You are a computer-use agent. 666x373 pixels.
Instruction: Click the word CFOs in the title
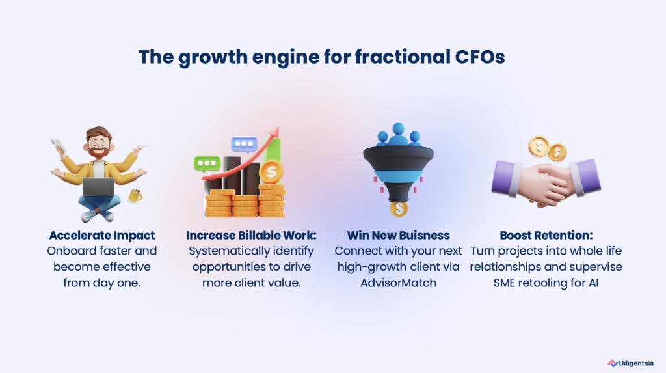coord(479,57)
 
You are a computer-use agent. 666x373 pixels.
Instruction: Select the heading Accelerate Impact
coord(102,235)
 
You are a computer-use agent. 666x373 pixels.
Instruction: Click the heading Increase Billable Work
coord(251,235)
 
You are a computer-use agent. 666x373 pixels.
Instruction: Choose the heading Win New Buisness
coord(399,235)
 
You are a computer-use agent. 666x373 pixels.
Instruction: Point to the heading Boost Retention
coord(546,235)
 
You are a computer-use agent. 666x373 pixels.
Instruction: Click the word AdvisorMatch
coord(399,283)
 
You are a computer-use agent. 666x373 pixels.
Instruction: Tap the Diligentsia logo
coord(630,363)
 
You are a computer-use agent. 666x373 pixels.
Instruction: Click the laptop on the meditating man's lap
coord(99,187)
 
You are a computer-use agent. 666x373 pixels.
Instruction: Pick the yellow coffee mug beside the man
coord(135,196)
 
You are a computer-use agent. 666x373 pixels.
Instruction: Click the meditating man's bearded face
coord(99,144)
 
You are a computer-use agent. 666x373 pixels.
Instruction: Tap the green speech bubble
coord(207,163)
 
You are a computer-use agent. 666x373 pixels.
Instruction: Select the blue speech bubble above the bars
coord(245,144)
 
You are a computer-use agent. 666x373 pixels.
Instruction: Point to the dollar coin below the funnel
coord(399,209)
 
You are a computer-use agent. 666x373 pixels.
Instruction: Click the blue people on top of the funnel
coord(399,135)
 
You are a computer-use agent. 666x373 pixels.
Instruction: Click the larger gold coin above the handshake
coord(539,146)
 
